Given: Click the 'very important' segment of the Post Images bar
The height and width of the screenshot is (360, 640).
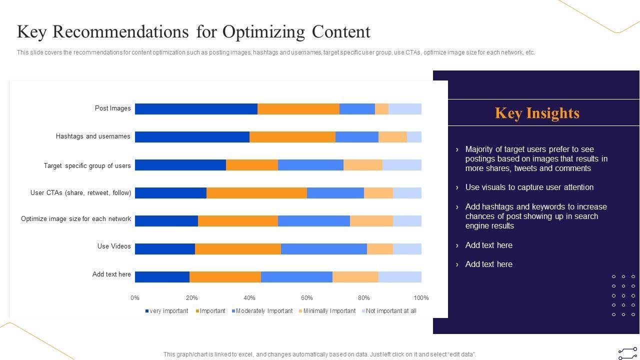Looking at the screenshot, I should click(x=196, y=109).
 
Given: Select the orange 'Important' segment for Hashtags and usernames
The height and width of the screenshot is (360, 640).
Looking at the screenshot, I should click(x=292, y=137).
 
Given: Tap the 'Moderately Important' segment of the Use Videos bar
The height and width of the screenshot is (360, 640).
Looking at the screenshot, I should click(x=323, y=249).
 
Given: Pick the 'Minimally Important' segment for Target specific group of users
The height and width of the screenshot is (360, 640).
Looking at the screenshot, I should click(x=362, y=165).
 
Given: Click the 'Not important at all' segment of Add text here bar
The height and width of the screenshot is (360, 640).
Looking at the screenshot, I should click(x=399, y=277).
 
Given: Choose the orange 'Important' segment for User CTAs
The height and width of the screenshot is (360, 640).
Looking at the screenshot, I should click(x=256, y=193).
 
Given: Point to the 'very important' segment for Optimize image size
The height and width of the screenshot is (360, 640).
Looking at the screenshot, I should click(x=166, y=221).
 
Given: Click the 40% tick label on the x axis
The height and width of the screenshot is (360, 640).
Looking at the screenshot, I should click(x=249, y=298).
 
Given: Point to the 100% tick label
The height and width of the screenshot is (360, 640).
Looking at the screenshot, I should click(x=421, y=298).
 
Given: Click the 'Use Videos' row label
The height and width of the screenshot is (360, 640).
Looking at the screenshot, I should click(x=114, y=246).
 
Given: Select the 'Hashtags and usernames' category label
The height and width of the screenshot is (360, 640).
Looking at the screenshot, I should click(x=93, y=136).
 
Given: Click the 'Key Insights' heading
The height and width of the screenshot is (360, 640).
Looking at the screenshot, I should click(x=537, y=113).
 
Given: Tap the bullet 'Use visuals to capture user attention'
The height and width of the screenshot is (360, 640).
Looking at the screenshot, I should click(x=529, y=187).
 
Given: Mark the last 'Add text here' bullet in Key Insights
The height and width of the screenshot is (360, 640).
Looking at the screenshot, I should click(x=488, y=264).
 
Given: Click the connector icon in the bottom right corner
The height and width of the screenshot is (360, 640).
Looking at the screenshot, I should click(x=627, y=353).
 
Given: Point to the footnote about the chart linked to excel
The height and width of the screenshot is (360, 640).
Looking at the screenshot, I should click(x=319, y=354).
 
